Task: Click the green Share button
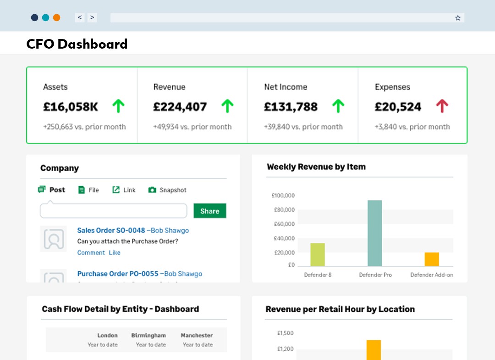[209, 211]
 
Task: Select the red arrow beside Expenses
[442, 106]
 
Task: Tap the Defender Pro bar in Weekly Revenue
[374, 233]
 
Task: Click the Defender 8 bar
[317, 255]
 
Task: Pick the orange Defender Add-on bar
[432, 259]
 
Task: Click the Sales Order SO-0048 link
[111, 230]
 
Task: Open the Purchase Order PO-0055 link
[118, 274]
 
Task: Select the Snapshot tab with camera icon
[167, 190]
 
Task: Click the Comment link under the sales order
[91, 253]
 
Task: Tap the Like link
[115, 253]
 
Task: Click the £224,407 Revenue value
[180, 107]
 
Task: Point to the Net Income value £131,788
[291, 107]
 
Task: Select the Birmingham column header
[148, 335]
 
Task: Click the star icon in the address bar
[457, 18]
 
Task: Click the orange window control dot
[56, 18]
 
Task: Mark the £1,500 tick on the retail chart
[285, 333]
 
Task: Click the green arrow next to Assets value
[118, 106]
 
